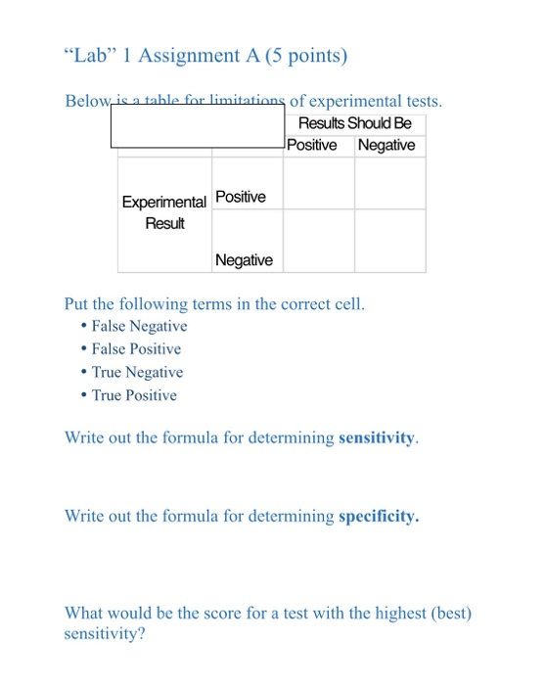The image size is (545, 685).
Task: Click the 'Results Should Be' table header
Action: pyautogui.click(x=354, y=123)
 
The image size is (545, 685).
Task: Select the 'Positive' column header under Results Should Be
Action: pyautogui.click(x=312, y=146)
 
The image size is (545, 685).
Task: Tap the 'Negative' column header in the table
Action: pyautogui.click(x=386, y=146)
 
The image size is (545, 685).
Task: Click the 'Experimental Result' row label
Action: pyautogui.click(x=164, y=212)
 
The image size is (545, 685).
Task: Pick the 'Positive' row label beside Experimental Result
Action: pyautogui.click(x=240, y=198)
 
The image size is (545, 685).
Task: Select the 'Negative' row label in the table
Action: pyautogui.click(x=244, y=260)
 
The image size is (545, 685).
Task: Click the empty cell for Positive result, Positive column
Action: pyautogui.click(x=319, y=183)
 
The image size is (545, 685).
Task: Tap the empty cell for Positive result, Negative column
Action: pyautogui.click(x=389, y=183)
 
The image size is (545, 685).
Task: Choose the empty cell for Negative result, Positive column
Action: pyautogui.click(x=319, y=240)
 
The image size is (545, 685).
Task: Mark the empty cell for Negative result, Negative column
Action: pyautogui.click(x=389, y=240)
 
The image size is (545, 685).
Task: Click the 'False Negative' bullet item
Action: pyautogui.click(x=139, y=326)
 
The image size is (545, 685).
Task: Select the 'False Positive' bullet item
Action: pyautogui.click(x=136, y=349)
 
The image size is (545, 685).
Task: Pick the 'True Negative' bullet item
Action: pyautogui.click(x=137, y=372)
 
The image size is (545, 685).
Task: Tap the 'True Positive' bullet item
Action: pyautogui.click(x=134, y=395)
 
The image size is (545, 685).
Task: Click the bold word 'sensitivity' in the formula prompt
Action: pyautogui.click(x=377, y=438)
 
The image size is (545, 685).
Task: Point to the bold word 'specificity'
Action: pyautogui.click(x=377, y=516)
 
